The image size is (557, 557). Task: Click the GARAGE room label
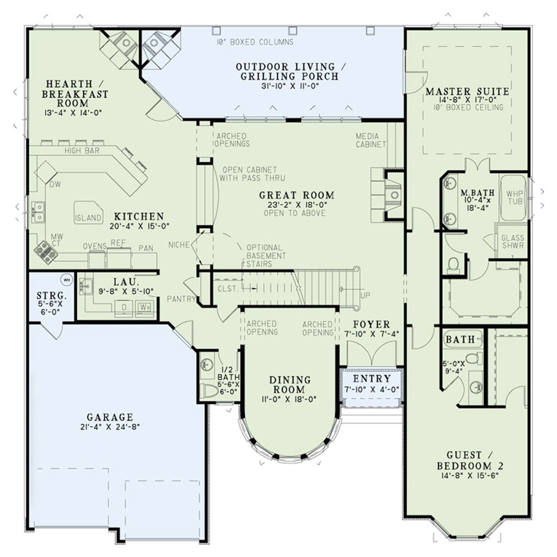[110, 417]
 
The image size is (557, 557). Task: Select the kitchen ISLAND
[88, 213]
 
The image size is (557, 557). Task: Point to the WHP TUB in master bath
[513, 197]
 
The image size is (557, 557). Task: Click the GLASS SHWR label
[512, 242]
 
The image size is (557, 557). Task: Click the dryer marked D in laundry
[124, 307]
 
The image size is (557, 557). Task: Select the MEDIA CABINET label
[370, 140]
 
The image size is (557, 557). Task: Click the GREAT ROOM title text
[296, 195]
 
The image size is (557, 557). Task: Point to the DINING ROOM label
[290, 385]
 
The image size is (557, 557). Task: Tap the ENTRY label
[372, 379]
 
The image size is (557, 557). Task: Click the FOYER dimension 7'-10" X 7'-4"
[372, 333]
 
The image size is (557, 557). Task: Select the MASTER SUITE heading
[467, 91]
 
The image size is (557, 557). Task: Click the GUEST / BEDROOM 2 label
[469, 460]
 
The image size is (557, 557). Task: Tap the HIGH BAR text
[82, 151]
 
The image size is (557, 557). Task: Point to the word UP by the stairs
[365, 295]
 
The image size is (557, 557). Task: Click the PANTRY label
[181, 299]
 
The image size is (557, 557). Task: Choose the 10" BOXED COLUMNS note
[255, 42]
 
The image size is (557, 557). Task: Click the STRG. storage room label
[52, 295]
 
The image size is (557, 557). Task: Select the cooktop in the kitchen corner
[46, 252]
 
